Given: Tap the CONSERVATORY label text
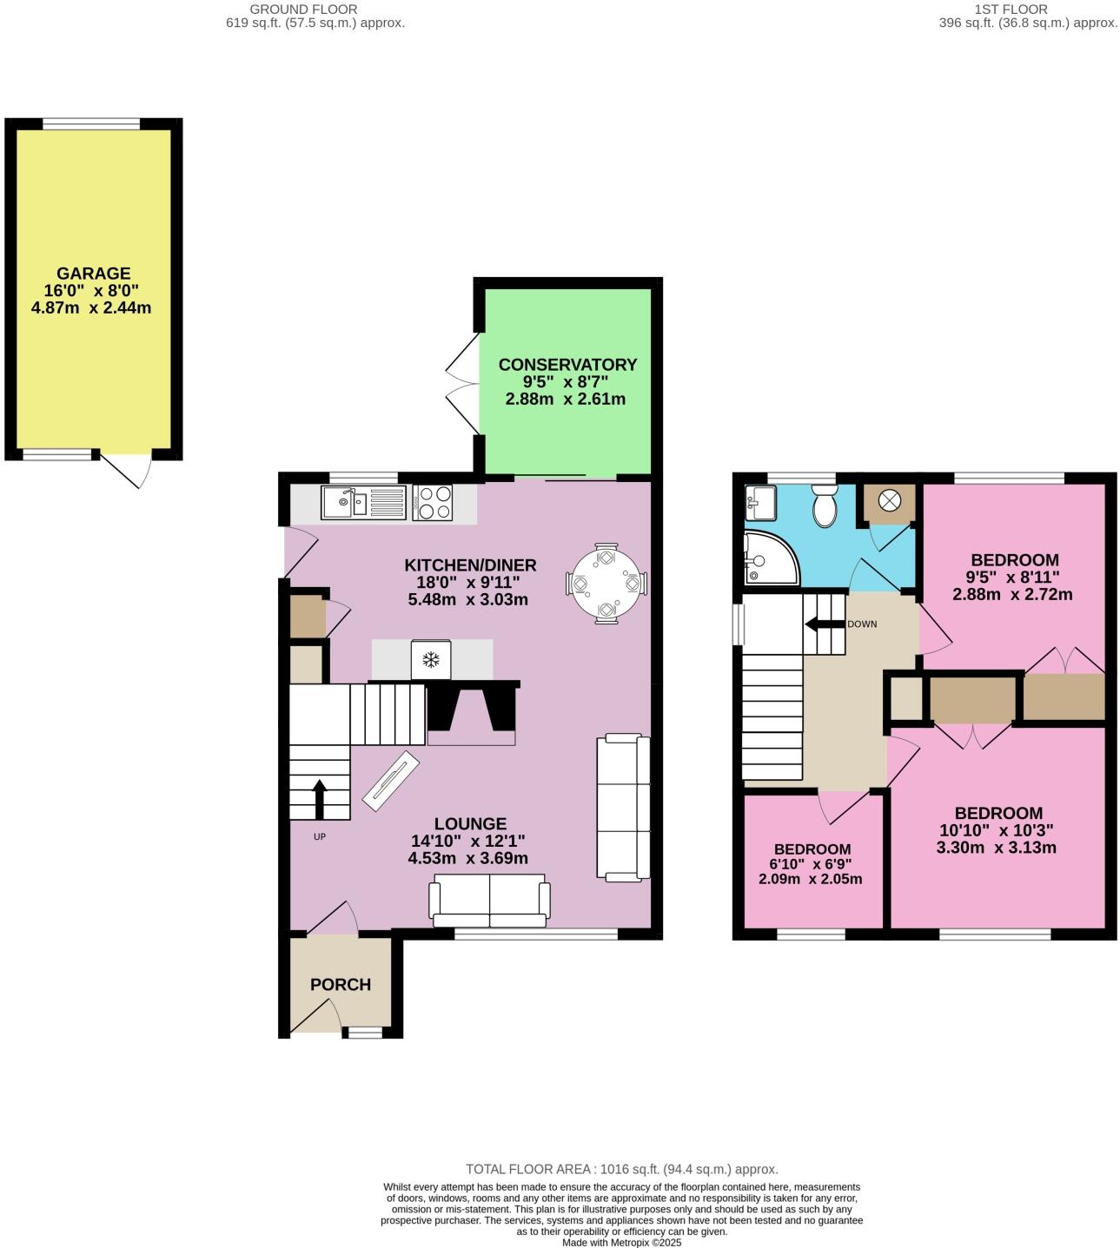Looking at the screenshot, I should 567,365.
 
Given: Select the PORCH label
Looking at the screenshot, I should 341,984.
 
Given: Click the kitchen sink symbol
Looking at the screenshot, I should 362,503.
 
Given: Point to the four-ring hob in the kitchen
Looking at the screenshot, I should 432,503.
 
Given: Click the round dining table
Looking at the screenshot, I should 606,583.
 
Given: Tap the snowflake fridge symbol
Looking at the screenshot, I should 431,660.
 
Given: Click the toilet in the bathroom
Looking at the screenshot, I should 824,506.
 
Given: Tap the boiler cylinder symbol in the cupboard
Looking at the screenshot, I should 891,501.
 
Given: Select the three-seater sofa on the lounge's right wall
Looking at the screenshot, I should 623,808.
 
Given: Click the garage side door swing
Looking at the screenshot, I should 127,468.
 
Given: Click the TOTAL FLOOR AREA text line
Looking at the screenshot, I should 621,1169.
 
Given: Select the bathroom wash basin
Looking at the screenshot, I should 761,500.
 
